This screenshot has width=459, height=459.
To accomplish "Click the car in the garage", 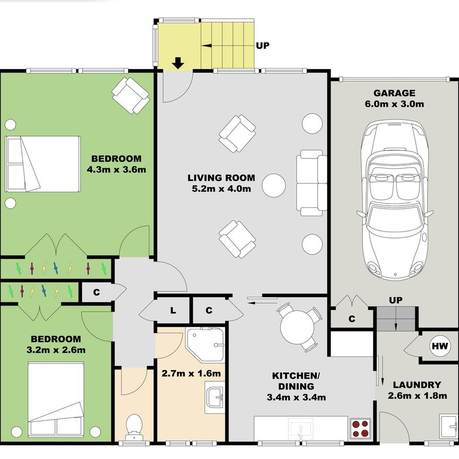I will click(394, 199).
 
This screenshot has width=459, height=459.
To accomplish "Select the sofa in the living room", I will click(311, 183).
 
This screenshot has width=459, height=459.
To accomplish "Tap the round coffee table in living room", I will click(275, 185).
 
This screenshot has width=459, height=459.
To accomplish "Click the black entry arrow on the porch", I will click(178, 63).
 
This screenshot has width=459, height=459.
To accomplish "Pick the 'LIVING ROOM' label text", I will click(221, 178).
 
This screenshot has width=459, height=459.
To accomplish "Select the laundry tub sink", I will click(448, 426).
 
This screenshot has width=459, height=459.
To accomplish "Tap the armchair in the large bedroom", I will click(130, 95).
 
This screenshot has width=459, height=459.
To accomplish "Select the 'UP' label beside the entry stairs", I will click(262, 46).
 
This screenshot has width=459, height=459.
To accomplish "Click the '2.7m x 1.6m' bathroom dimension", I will click(190, 373).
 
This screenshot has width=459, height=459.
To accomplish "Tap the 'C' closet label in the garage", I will click(352, 319).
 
